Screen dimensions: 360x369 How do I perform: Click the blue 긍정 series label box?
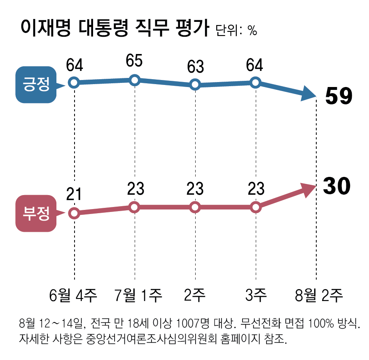tap(35, 84)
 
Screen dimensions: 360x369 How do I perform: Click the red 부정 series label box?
tap(35, 213)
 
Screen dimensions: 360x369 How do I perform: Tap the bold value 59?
tap(339, 97)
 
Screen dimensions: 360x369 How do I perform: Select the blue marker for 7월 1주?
tap(135, 80)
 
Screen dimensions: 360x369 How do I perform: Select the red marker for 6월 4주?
tap(74, 213)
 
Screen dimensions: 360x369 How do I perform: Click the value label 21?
tap(74, 193)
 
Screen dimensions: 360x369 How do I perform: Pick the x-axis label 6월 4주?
tap(73, 295)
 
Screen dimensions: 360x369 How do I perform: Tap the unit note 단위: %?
tap(236, 31)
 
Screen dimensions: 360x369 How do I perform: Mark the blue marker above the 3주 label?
tap(255, 82)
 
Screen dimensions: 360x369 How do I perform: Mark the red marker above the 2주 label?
tap(195, 207)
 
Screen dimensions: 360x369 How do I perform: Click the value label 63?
tap(195, 66)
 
